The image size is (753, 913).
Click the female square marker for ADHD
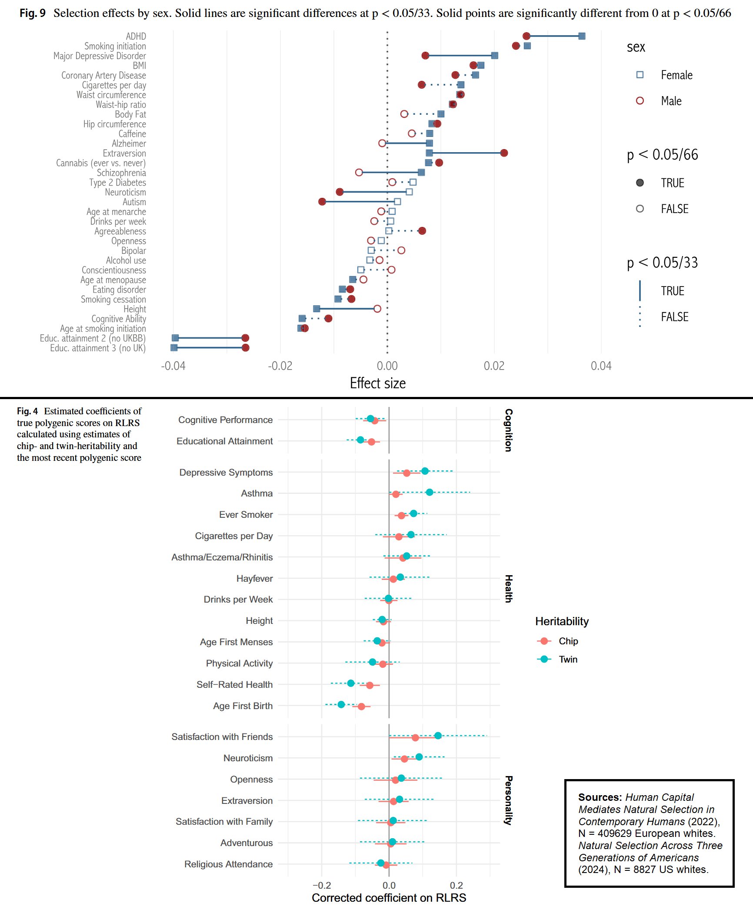pyautogui.click(x=582, y=36)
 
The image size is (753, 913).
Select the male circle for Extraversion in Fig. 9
pyautogui.click(x=504, y=153)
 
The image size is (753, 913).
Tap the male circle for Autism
pyautogui.click(x=322, y=202)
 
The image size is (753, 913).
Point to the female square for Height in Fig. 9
pyautogui.click(x=317, y=309)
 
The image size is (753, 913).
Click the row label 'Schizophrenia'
pyautogui.click(x=121, y=173)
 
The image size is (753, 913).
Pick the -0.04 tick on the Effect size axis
pyautogui.click(x=173, y=366)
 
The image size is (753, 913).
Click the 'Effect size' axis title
pyautogui.click(x=378, y=383)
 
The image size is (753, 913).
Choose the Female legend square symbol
pyautogui.click(x=640, y=75)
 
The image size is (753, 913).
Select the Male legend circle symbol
pyautogui.click(x=640, y=101)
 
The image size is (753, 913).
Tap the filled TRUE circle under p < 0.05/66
pyautogui.click(x=640, y=183)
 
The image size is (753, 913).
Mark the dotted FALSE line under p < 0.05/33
pyautogui.click(x=640, y=317)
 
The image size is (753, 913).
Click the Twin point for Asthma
pyautogui.click(x=430, y=492)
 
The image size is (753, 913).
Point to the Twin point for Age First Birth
pyautogui.click(x=341, y=704)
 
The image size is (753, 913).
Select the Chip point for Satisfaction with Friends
pyautogui.click(x=415, y=738)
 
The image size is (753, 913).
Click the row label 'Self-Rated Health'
pyautogui.click(x=234, y=685)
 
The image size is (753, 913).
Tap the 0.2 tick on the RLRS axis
pyautogui.click(x=456, y=885)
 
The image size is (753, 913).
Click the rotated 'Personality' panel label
pyautogui.click(x=508, y=800)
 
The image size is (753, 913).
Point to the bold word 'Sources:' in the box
pyautogui.click(x=600, y=797)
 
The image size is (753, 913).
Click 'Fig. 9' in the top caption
pyautogui.click(x=33, y=13)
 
